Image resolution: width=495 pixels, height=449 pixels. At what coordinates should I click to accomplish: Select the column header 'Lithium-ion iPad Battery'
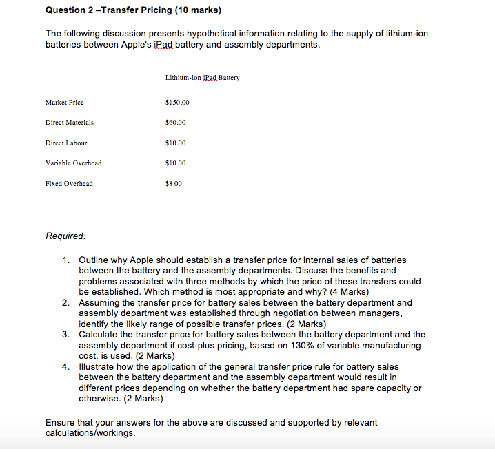point(203,78)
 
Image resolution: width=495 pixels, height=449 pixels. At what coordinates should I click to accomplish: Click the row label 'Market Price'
point(64,103)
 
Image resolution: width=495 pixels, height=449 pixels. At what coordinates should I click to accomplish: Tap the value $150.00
point(178,103)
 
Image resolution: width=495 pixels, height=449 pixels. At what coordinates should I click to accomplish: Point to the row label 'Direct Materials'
point(70,123)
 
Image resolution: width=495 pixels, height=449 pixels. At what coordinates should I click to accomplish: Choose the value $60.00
point(176,123)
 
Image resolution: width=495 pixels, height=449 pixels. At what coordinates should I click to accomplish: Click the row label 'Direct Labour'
point(66,143)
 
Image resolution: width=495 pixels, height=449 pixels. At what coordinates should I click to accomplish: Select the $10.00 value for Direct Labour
point(176,143)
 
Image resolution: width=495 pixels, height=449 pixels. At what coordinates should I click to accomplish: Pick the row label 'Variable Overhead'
point(73,163)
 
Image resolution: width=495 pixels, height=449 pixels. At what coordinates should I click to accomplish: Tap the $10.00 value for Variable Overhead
point(176,163)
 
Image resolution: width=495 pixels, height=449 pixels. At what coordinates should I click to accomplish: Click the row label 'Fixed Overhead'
point(69,184)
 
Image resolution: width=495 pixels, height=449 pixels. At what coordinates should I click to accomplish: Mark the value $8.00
point(174,184)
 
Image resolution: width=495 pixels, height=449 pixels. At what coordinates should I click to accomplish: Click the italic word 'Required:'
point(65,236)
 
